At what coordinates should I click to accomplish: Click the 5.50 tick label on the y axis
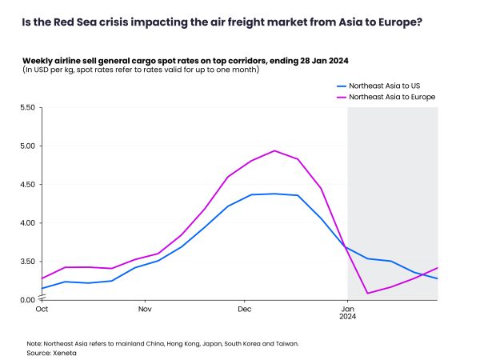tap(27, 107)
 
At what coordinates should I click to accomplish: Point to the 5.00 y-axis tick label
tap(27, 146)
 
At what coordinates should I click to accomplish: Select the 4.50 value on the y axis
tap(27, 184)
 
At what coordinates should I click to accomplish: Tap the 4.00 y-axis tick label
tap(27, 222)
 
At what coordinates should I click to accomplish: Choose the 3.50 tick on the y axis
tap(27, 262)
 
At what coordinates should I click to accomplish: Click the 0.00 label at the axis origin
tap(27, 300)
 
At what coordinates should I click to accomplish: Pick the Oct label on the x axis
tap(42, 309)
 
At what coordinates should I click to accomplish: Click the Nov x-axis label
tap(145, 309)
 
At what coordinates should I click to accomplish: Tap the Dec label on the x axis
tap(245, 309)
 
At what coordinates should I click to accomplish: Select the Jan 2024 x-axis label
tap(347, 312)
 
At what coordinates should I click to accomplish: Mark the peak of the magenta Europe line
tap(274, 150)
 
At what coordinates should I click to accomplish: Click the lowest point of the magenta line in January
tap(368, 293)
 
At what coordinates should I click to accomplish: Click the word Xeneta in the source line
tap(58, 353)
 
